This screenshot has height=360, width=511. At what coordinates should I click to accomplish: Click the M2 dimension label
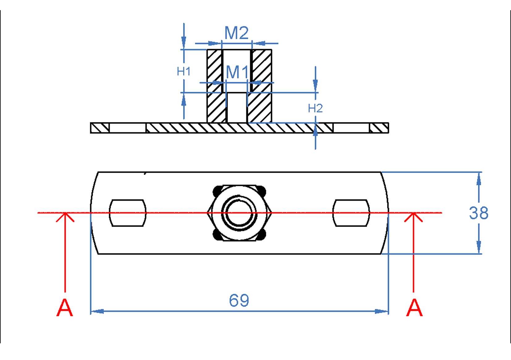tap(236, 33)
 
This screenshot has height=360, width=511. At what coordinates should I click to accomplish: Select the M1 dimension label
tap(237, 72)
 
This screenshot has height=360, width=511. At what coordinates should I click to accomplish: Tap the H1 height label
tap(184, 72)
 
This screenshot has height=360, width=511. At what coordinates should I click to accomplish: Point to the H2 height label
tap(315, 108)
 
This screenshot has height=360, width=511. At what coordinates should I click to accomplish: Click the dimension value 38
tap(479, 213)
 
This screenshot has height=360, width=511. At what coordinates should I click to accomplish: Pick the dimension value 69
tap(239, 300)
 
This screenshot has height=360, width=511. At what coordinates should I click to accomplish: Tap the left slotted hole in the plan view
tap(128, 213)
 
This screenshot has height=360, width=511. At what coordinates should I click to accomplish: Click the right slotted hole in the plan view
tap(351, 213)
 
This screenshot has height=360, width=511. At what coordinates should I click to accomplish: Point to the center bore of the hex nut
tap(239, 213)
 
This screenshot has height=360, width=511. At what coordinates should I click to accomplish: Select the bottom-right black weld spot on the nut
tap(261, 235)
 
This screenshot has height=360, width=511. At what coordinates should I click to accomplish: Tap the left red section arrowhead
tap(65, 217)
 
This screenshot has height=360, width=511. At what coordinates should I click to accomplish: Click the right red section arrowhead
tap(413, 217)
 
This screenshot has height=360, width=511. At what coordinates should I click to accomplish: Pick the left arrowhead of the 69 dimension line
tap(97, 311)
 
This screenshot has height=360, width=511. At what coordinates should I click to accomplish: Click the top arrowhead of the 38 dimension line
tap(479, 179)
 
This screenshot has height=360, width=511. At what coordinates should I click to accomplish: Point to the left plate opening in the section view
tap(128, 128)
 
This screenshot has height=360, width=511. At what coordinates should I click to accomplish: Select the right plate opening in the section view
tap(351, 128)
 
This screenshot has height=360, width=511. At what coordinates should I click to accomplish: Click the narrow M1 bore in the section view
tap(237, 108)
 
